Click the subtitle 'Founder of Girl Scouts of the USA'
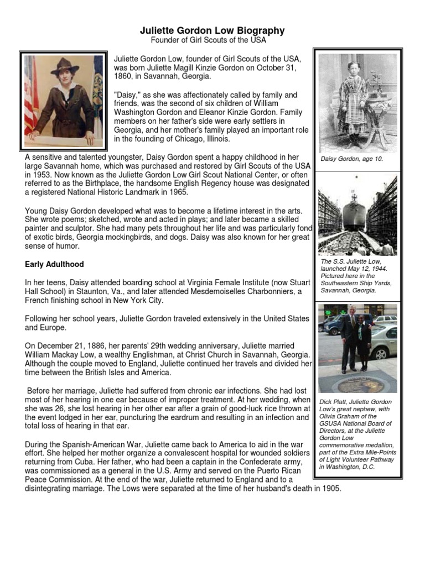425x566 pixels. click(x=209, y=41)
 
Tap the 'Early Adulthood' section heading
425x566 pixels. click(x=54, y=265)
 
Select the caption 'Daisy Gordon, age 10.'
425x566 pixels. click(x=352, y=159)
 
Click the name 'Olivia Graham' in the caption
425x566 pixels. click(x=343, y=416)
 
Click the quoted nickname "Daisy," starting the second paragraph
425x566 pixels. click(x=127, y=95)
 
